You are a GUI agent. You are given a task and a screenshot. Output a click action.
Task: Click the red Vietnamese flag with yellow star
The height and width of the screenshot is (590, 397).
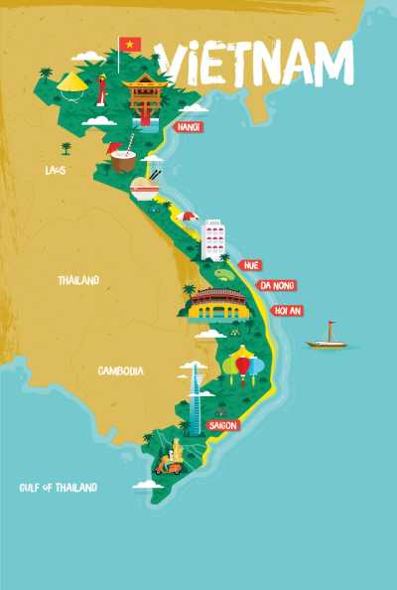130,44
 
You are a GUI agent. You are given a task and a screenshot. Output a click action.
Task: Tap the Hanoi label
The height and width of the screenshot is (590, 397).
188,127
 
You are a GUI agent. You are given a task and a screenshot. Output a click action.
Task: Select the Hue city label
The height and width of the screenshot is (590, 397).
251,265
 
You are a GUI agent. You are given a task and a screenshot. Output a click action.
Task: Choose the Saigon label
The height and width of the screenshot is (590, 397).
223,425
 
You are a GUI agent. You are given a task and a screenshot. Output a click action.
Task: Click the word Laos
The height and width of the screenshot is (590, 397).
56,171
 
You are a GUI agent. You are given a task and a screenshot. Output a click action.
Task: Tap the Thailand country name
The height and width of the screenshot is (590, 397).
78,281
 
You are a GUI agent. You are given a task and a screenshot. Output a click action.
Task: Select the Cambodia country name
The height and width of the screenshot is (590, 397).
120,370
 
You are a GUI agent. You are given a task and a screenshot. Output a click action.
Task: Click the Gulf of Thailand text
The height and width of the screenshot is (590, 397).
59,488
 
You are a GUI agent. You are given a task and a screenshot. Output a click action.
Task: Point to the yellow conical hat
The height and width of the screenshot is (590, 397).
72,83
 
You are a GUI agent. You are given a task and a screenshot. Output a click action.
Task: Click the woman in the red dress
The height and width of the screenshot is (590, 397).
101,91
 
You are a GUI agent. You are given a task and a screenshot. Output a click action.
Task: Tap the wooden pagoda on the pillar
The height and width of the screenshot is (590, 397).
144,94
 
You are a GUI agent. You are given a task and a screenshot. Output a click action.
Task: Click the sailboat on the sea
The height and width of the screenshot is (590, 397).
327,338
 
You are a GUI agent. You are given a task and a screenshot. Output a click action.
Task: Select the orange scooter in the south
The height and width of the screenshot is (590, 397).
173,462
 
